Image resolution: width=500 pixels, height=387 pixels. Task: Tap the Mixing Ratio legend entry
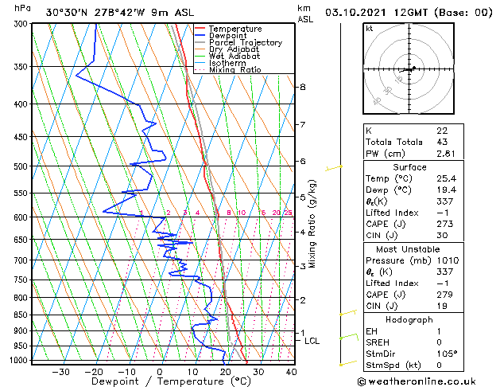[234, 70]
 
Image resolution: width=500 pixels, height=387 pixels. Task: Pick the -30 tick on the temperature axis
[61, 371]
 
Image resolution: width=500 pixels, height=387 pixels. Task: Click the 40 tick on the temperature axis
[291, 371]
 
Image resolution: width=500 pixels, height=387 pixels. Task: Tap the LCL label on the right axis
[312, 341]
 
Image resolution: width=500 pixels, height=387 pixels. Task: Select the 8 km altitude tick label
[302, 87]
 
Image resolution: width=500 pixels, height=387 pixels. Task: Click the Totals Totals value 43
[442, 142]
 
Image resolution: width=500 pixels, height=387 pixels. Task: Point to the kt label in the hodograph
[369, 29]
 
